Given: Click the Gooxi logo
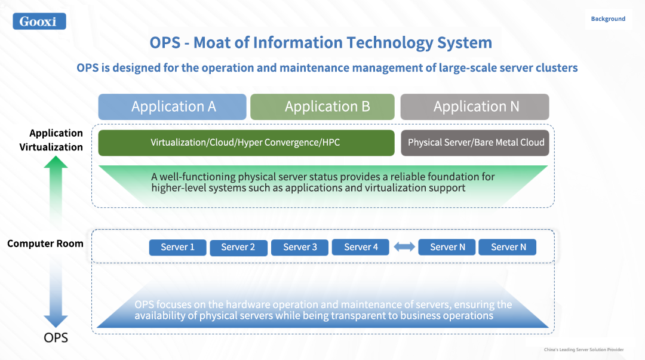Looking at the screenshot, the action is (x=39, y=21).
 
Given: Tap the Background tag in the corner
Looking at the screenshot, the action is (x=608, y=19).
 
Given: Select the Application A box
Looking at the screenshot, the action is (x=173, y=107).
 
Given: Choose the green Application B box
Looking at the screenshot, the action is (x=322, y=107).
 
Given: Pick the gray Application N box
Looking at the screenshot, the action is (x=475, y=107).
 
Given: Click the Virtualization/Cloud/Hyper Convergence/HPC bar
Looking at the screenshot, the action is (x=247, y=143).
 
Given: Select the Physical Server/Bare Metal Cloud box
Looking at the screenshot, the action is (x=475, y=143).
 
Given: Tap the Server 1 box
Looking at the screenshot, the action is (x=178, y=247).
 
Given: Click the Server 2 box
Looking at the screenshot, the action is (x=238, y=247).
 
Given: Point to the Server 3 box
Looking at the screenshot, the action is (x=300, y=247).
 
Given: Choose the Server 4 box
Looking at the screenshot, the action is (x=360, y=247).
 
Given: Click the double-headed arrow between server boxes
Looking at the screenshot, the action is (x=404, y=247).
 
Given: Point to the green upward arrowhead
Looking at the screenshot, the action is (x=56, y=162).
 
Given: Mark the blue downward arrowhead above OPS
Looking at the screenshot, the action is (x=56, y=321).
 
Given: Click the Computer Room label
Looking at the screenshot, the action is (x=45, y=244).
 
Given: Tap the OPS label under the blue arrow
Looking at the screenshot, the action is (x=56, y=338).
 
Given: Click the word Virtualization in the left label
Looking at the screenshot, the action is (x=51, y=147).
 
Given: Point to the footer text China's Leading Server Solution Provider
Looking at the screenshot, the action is (x=583, y=350).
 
